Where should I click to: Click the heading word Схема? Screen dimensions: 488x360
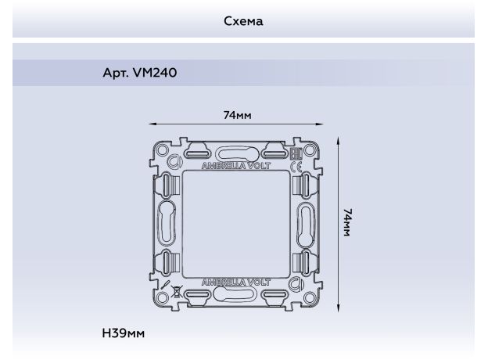click(x=243, y=21)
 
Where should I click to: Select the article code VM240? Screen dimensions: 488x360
click(x=155, y=73)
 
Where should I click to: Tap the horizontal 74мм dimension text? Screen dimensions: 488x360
click(x=237, y=115)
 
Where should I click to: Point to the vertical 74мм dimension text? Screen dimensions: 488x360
click(x=348, y=223)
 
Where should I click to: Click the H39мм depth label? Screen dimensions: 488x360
click(x=124, y=333)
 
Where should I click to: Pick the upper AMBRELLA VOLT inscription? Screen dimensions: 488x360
click(x=236, y=166)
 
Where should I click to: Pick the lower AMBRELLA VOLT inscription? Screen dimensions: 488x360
click(x=236, y=283)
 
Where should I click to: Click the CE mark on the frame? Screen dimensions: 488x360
click(x=296, y=167)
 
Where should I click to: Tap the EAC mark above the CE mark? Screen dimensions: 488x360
click(x=296, y=154)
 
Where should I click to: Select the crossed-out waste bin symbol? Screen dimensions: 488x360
click(x=176, y=291)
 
